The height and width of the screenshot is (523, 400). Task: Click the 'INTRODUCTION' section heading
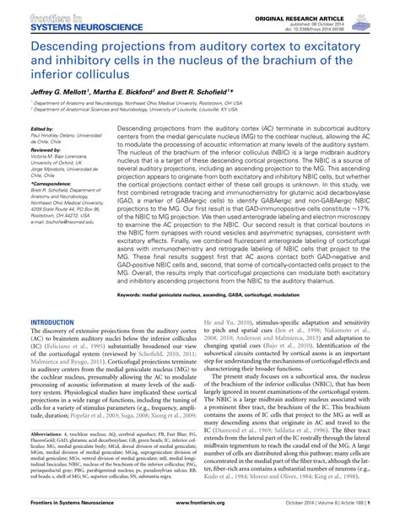tap(53, 299)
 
